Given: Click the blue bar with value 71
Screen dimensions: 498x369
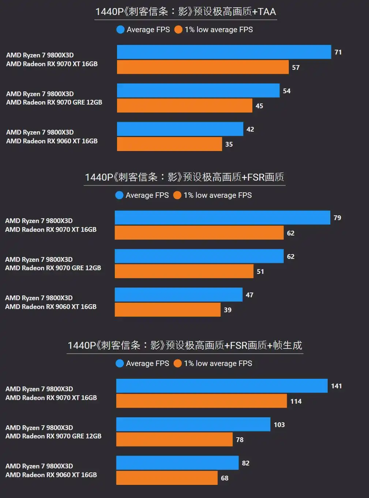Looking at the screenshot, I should click(x=224, y=52).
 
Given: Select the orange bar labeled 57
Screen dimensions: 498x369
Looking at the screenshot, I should click(x=203, y=67).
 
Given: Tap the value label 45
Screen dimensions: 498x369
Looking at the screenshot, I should click(x=259, y=106).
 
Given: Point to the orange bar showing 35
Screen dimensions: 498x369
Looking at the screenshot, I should click(x=169, y=144).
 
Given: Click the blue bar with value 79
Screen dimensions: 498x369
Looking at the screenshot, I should click(x=222, y=218).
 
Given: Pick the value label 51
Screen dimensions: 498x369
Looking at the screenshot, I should click(x=260, y=272).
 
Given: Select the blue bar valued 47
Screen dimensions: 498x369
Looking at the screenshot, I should click(x=178, y=295).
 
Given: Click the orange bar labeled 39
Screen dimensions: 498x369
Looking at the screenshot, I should click(x=167, y=310).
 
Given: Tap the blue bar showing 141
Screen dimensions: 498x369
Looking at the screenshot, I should click(x=222, y=386).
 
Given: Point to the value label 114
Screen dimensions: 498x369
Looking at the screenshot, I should click(x=296, y=401).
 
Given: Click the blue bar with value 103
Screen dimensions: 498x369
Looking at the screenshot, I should click(x=193, y=425).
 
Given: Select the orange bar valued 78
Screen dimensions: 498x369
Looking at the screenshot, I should click(x=174, y=439).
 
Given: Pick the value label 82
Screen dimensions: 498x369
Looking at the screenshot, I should click(x=246, y=463).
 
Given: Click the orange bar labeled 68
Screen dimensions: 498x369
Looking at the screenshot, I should click(x=167, y=478).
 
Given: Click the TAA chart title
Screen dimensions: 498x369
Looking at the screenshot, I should click(x=185, y=12).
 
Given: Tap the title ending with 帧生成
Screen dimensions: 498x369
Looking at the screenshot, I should click(x=185, y=346).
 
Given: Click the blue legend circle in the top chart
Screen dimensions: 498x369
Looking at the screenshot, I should click(x=120, y=30).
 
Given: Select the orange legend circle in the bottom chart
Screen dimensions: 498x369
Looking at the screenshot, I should click(x=178, y=363).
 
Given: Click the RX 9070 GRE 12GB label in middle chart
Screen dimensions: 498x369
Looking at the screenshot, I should click(x=53, y=268).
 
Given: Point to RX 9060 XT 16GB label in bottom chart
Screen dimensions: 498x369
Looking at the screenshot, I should click(x=51, y=475).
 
